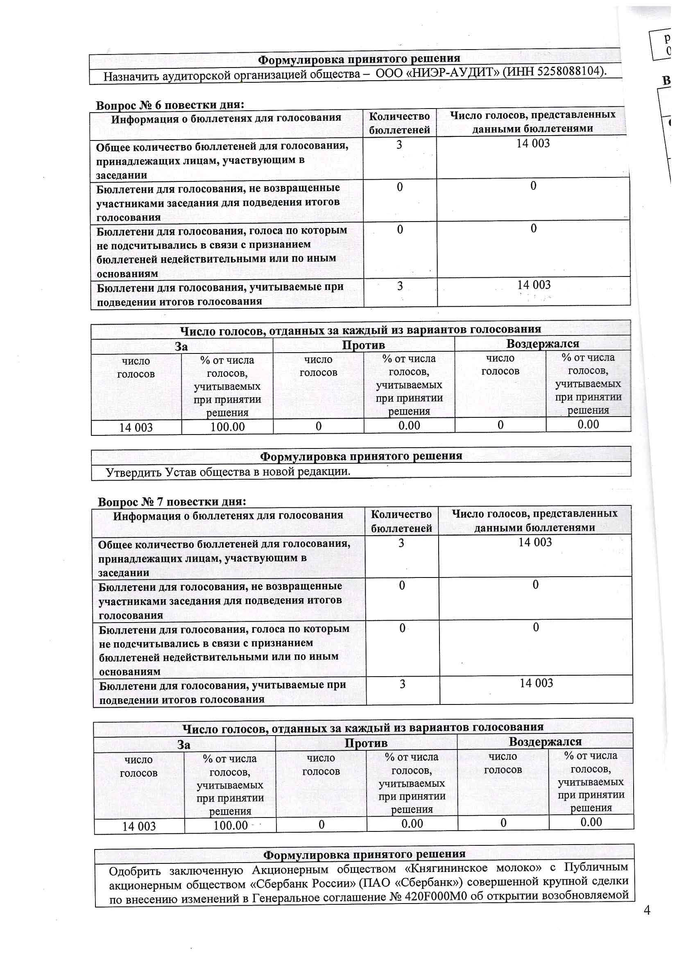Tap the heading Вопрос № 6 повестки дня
pyautogui.click(x=170, y=105)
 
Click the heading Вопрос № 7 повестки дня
pyautogui.click(x=172, y=502)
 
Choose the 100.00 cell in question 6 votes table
pyautogui.click(x=227, y=427)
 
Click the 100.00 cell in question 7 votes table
pyautogui.click(x=231, y=825)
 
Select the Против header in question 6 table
pyautogui.click(x=363, y=345)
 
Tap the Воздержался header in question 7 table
pyautogui.click(x=545, y=742)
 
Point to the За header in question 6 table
pyautogui.click(x=181, y=347)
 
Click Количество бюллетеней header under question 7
pyautogui.click(x=401, y=521)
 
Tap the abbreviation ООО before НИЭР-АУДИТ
pyautogui.click(x=388, y=73)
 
